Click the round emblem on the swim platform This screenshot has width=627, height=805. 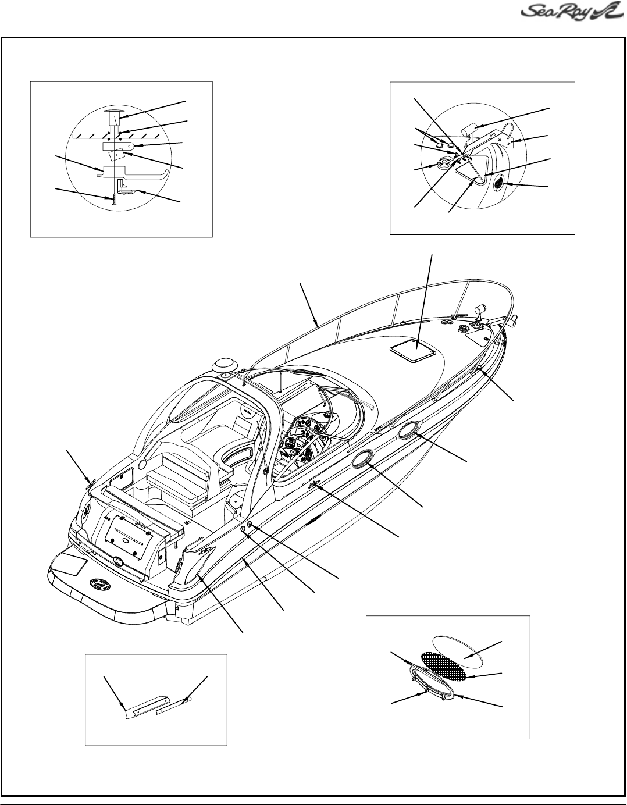[99, 583]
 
